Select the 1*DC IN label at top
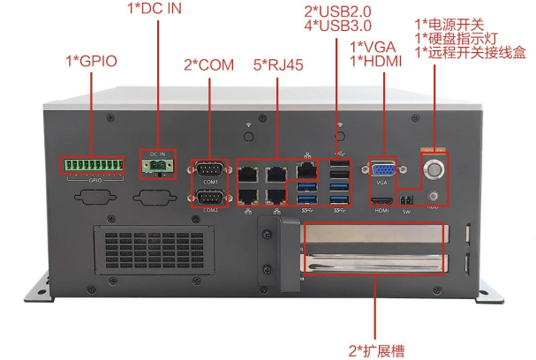(155, 9)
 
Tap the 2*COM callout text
(209, 64)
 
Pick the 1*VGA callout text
(374, 45)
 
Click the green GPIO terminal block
(91, 164)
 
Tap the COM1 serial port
(210, 169)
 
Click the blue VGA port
(381, 169)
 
